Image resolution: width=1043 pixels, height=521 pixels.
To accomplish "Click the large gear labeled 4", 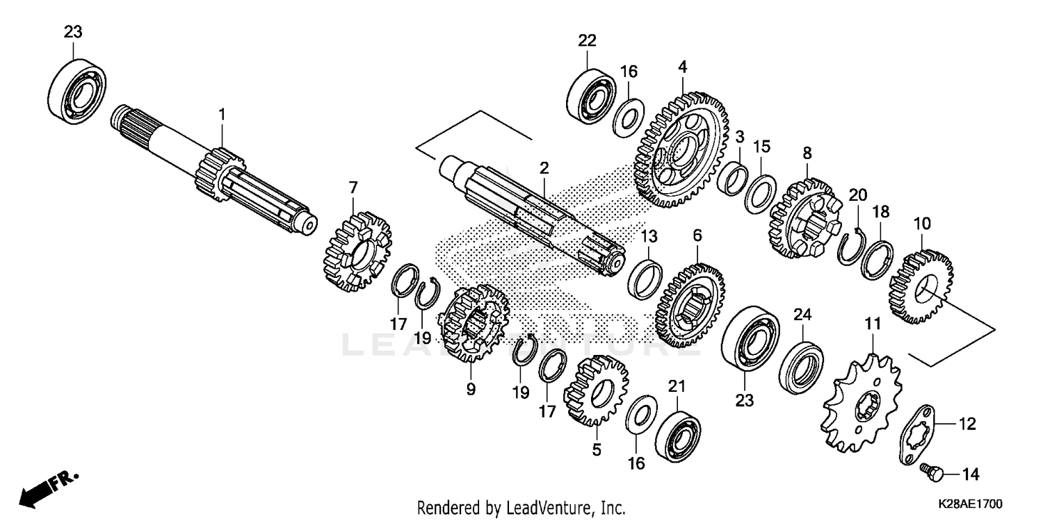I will (679, 149).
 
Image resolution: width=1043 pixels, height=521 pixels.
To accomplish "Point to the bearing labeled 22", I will (591, 95).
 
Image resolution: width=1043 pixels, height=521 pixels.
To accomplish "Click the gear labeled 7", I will (357, 251).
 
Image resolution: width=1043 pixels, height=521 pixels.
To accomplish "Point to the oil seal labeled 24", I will (801, 364).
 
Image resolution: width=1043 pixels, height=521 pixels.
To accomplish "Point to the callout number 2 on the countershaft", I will (544, 167).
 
